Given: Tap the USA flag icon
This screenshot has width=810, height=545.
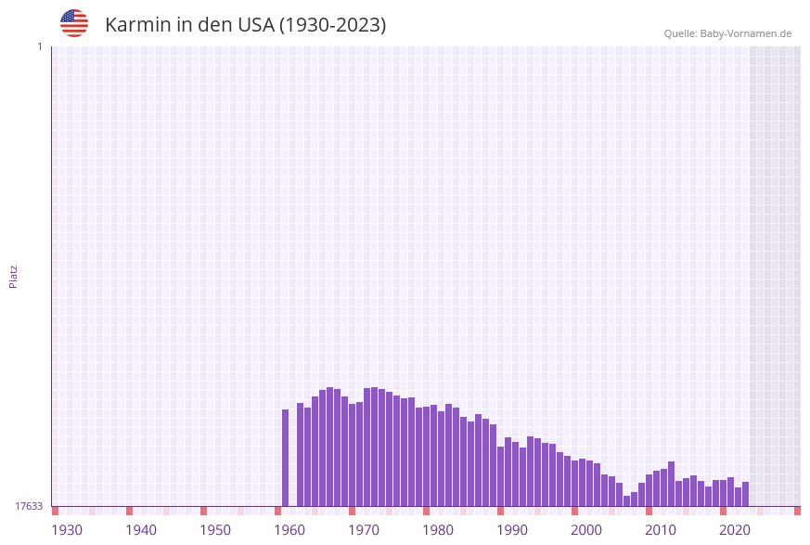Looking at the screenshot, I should pyautogui.click(x=74, y=23).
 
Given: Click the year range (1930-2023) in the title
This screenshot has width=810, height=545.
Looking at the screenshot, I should pyautogui.click(x=332, y=25).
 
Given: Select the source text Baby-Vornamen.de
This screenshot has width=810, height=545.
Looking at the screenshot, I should pyautogui.click(x=746, y=33).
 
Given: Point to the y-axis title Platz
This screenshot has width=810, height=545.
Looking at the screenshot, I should pyautogui.click(x=14, y=276).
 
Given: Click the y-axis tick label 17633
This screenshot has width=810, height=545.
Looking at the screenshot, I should pyautogui.click(x=29, y=506).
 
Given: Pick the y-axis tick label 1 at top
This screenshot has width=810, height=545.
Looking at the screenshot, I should pyautogui.click(x=39, y=46).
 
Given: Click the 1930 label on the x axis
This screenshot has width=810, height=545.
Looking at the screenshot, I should pyautogui.click(x=67, y=530).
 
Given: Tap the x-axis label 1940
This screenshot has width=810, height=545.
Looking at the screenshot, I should pyautogui.click(x=141, y=530).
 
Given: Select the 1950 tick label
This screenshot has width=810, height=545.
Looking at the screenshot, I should pyautogui.click(x=215, y=530).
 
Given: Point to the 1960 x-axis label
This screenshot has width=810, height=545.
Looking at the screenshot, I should pyautogui.click(x=289, y=530).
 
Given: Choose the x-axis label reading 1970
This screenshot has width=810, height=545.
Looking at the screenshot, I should pyautogui.click(x=364, y=530).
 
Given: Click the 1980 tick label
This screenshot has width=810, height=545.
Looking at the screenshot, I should pyautogui.click(x=438, y=530).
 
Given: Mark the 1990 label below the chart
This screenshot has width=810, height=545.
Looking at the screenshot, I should pyautogui.click(x=512, y=530).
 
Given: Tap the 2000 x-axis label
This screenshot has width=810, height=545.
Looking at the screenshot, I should pyautogui.click(x=586, y=530).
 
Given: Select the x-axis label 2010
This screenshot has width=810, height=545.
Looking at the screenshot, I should pyautogui.click(x=661, y=530).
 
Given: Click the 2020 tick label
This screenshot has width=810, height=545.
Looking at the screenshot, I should pyautogui.click(x=735, y=530).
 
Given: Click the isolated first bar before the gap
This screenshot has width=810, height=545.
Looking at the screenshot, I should pyautogui.click(x=286, y=458).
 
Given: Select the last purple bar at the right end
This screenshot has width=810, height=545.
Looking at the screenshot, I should pyautogui.click(x=746, y=494).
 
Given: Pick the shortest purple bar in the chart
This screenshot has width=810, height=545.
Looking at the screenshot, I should pyautogui.click(x=627, y=501).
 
